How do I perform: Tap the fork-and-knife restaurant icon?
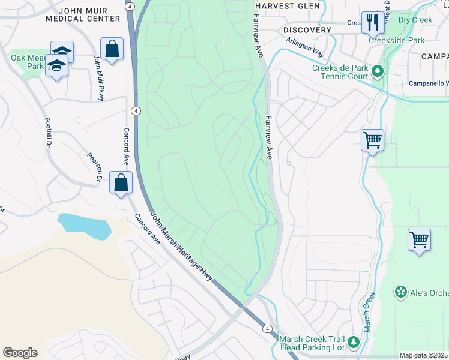pos(372,22)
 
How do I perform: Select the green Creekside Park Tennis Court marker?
pos(378,72)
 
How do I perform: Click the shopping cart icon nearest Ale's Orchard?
pos(419,240)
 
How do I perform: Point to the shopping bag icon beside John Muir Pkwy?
pos(112,49)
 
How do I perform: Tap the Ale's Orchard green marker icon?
pos(400,292)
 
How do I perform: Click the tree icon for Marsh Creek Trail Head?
pos(354,342)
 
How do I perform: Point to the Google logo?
pos(20,352)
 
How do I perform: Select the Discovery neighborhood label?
pos(307,29)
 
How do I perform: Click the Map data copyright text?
pos(423,355)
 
